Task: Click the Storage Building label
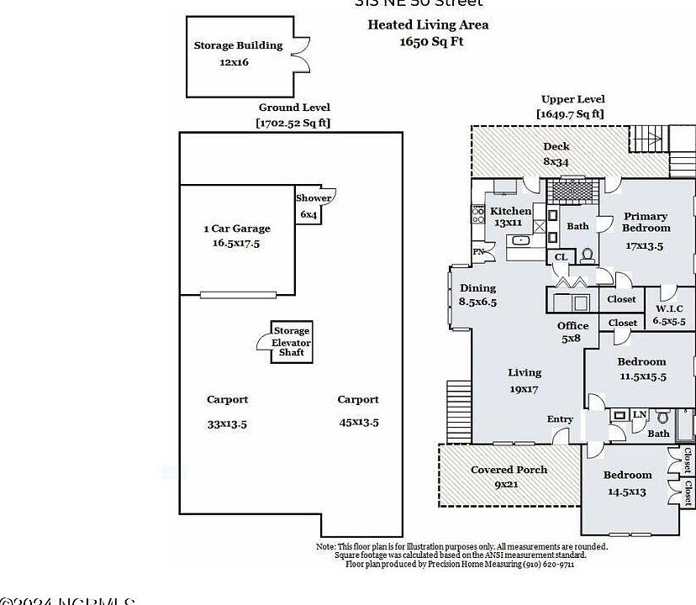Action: click(238, 45)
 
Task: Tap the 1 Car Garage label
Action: click(237, 228)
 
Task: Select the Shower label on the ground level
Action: click(313, 198)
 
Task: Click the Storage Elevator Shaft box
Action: click(291, 342)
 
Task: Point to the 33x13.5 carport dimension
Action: click(227, 424)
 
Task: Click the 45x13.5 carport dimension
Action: click(358, 422)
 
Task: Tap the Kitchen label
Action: click(510, 211)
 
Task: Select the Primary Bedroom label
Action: click(646, 222)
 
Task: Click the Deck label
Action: click(556, 147)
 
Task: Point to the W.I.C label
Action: click(670, 308)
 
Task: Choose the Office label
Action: click(572, 326)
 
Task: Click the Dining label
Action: click(477, 288)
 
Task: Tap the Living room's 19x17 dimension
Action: click(524, 389)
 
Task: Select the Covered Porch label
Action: click(509, 470)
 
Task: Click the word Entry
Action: click(560, 419)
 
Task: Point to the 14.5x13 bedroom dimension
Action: click(626, 491)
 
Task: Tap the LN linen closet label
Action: click(640, 414)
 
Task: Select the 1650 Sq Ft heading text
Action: click(431, 40)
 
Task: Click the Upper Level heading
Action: click(572, 99)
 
